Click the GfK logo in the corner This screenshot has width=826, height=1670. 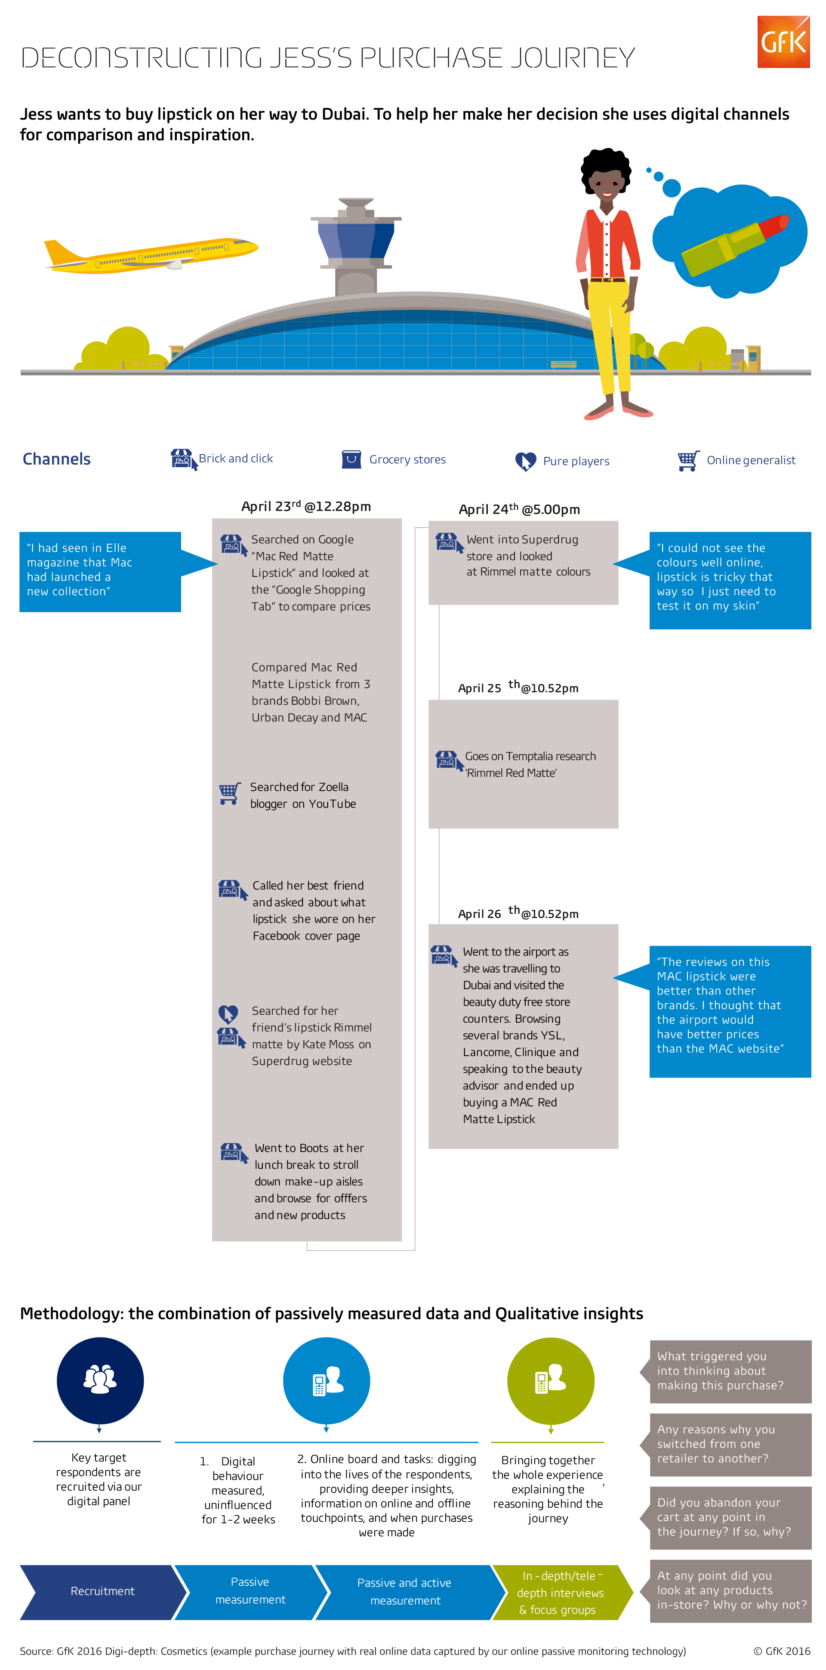pos(783,41)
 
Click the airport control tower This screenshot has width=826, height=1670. pos(356,246)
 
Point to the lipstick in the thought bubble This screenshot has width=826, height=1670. pos(735,243)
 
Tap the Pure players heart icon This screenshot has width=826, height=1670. pos(525,461)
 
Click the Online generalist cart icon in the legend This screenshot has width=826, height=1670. pos(688,460)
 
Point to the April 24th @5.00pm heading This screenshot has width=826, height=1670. pos(519,509)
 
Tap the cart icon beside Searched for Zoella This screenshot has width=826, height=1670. pos(230,793)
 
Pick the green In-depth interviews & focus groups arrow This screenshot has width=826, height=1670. pos(561,1592)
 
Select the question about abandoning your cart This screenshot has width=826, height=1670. pos(730,1518)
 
